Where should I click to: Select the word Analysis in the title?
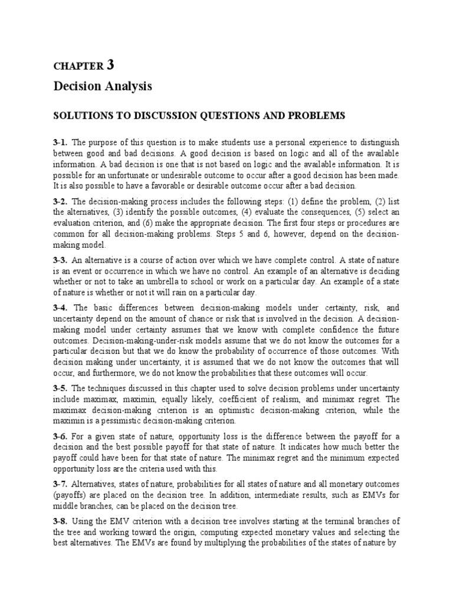pos(127,87)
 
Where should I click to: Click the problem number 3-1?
pos(61,142)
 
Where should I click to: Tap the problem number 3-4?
pos(61,308)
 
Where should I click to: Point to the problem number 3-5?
pos(61,388)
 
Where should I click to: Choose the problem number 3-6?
pos(61,436)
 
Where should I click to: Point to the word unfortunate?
pos(136,175)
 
